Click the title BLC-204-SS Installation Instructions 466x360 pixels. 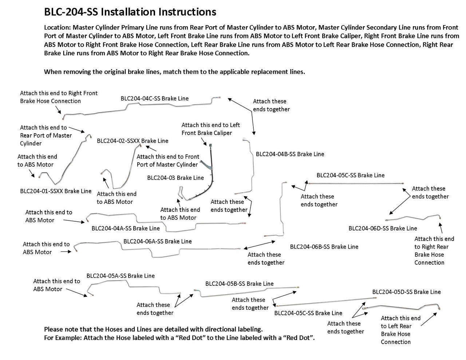[x=130, y=12]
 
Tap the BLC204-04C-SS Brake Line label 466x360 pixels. [x=155, y=98]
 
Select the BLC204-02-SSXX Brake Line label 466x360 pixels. [x=133, y=141]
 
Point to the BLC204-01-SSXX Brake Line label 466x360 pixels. [x=56, y=191]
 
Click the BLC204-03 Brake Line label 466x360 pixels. [x=175, y=178]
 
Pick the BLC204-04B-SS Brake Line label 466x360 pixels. [x=290, y=154]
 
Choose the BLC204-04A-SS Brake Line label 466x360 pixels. [x=126, y=228]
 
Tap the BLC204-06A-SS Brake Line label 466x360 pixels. [x=157, y=241]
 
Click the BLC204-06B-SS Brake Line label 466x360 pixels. [x=324, y=246]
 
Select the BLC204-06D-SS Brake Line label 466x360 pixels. [x=383, y=228]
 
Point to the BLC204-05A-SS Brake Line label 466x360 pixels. [x=121, y=276]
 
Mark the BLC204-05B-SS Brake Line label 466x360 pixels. [x=239, y=284]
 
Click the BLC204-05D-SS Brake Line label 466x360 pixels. [x=406, y=292]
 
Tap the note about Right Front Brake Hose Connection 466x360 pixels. [x=59, y=97]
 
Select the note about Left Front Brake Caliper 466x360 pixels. [x=210, y=129]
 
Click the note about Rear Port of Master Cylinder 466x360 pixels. [x=46, y=135]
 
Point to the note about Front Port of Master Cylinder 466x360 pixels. [x=168, y=161]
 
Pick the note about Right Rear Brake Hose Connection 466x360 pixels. [x=434, y=250]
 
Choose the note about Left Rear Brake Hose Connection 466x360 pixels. [x=400, y=330]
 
